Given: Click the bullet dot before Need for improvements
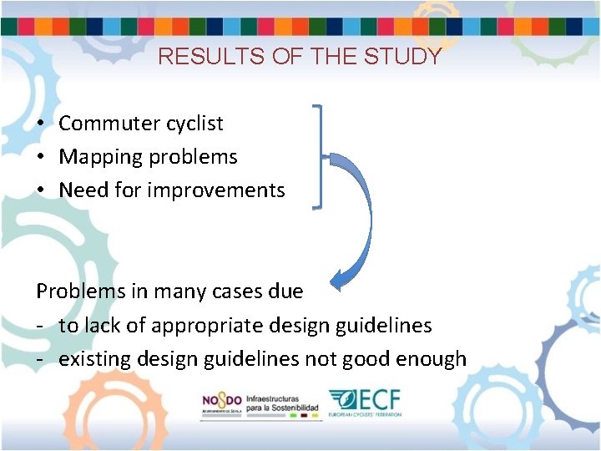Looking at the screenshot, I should click(40, 190).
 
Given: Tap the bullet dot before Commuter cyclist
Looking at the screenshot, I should click(40, 124).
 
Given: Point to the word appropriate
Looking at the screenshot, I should click(193, 326).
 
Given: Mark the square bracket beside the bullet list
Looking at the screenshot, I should click(317, 156).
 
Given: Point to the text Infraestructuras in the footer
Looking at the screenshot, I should click(272, 396).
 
